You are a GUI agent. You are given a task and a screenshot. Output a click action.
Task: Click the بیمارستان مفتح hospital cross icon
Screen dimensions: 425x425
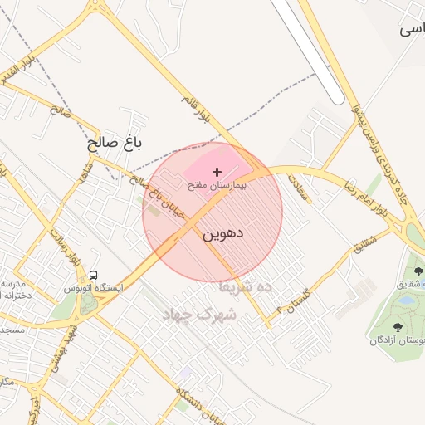(217, 172)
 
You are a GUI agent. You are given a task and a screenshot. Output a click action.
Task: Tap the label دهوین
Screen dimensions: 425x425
(222, 234)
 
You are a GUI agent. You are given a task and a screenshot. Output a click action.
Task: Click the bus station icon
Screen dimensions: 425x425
(93, 275)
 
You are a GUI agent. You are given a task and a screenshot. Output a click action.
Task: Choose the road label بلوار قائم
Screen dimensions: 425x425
(199, 112)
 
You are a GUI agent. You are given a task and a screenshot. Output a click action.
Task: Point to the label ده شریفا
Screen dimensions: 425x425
(246, 286)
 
